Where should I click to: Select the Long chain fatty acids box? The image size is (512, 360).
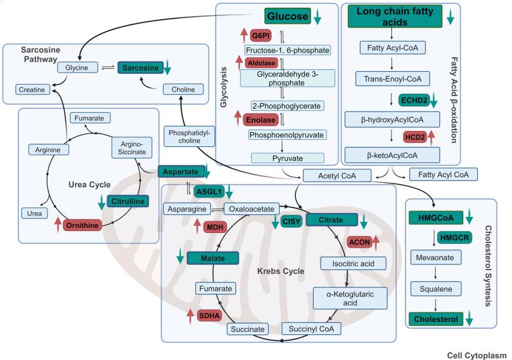coord(395,16)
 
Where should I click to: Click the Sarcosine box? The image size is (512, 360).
coord(138,67)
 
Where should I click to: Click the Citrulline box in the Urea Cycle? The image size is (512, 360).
coord(128,201)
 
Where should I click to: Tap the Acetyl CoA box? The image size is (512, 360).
coord(328,175)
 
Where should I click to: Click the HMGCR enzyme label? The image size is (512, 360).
coord(455,237)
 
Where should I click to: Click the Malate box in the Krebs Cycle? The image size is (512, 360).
coord(212,259)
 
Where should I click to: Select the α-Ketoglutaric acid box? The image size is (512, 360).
coord(344,296)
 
